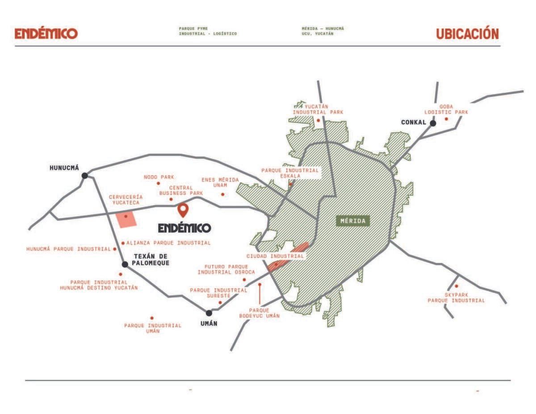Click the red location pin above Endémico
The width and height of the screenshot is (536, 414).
183,210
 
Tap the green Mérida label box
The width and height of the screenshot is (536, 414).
353,221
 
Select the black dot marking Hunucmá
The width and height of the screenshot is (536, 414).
85,176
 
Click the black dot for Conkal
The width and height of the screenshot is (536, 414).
433,123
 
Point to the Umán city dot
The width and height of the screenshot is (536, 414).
209,313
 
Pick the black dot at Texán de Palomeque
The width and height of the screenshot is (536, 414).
125,264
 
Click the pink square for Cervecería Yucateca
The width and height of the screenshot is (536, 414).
126,219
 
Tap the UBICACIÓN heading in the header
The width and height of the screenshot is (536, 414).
467,34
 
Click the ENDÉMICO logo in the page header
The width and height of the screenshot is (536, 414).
46,33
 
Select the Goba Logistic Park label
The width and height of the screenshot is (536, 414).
446,109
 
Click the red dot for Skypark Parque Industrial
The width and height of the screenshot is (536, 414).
456,286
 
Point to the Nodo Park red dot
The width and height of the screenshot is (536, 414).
159,184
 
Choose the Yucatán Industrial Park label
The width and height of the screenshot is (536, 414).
318,109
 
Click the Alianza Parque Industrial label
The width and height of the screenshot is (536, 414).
168,243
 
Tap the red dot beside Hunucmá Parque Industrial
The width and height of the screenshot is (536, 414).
115,249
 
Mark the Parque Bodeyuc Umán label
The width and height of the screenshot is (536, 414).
259,313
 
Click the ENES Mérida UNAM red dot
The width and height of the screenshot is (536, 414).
223,195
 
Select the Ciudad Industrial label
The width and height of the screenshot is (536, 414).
275,256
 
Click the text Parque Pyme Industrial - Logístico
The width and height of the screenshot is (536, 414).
208,31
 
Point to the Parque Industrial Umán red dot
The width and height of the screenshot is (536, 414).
152,318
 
